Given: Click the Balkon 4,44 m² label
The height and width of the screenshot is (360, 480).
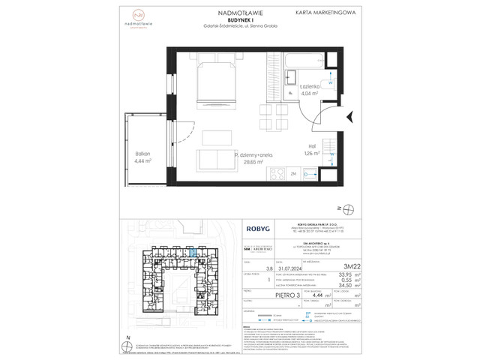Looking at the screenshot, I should (143, 157).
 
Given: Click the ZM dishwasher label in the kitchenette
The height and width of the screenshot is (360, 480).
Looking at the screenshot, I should (272, 172).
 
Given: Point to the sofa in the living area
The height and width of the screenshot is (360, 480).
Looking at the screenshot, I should (214, 160).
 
